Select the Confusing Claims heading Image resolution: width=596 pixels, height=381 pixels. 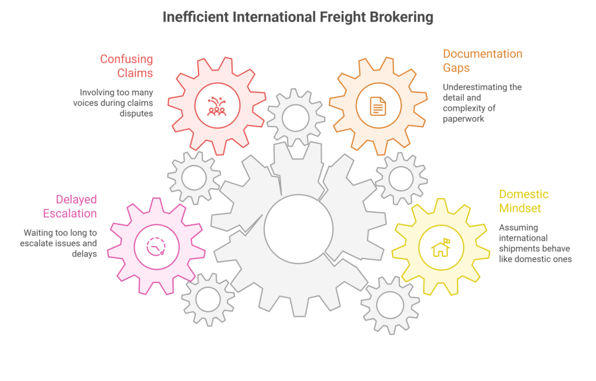[x=126, y=65]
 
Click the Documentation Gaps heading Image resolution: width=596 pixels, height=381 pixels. [x=483, y=60]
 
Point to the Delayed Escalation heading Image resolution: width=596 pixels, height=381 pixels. [x=76, y=206]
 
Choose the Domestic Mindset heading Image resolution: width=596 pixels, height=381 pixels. [x=524, y=201]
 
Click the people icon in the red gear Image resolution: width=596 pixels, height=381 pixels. [x=217, y=106]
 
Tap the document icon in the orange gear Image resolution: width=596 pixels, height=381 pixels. [x=378, y=105]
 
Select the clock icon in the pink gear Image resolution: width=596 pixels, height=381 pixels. [x=156, y=246]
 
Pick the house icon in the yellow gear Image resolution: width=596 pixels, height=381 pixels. [x=441, y=248]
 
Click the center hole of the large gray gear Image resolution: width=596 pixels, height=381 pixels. [x=298, y=228]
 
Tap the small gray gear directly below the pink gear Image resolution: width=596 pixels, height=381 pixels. [x=208, y=299]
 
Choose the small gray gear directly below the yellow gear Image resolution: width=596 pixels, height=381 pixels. [x=390, y=305]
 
